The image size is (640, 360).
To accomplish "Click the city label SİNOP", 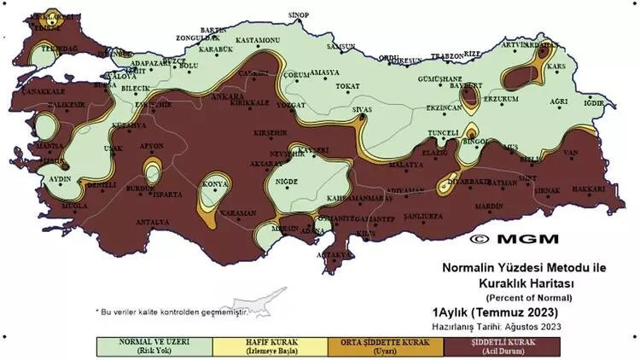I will (298, 15).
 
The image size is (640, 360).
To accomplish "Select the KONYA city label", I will (213, 184).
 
